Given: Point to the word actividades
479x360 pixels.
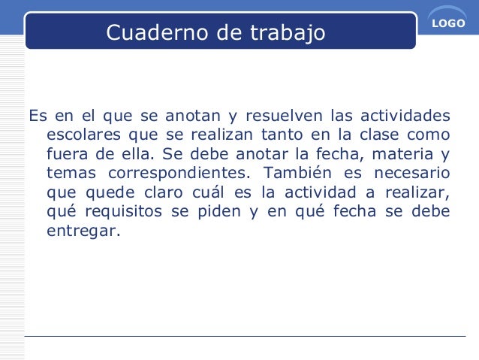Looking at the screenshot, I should (x=406, y=116).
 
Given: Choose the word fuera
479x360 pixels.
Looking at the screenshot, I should (x=66, y=156).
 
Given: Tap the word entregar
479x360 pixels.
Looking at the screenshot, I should (x=83, y=231).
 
